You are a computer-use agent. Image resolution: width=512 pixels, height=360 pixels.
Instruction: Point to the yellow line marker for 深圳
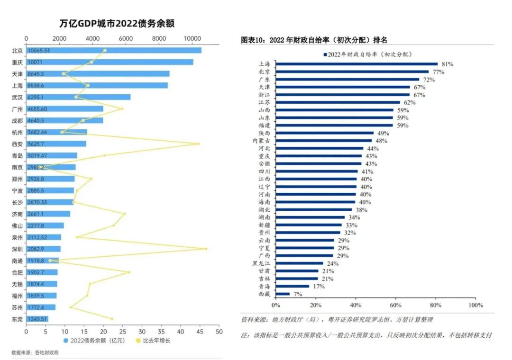(x=206, y=249)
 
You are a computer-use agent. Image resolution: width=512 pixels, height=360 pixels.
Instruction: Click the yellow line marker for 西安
(x=198, y=144)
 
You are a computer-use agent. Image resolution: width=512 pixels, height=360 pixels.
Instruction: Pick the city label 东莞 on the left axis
(x=17, y=319)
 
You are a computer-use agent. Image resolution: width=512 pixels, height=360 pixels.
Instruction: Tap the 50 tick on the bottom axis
(x=219, y=332)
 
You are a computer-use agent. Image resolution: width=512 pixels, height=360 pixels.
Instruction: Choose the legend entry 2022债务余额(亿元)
(x=94, y=341)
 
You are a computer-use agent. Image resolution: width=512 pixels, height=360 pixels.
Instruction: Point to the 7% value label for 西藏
(x=298, y=294)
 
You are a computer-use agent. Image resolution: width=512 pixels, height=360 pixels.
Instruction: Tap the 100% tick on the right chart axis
(x=475, y=305)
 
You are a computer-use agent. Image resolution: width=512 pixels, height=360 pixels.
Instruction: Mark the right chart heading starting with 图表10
(x=314, y=40)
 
